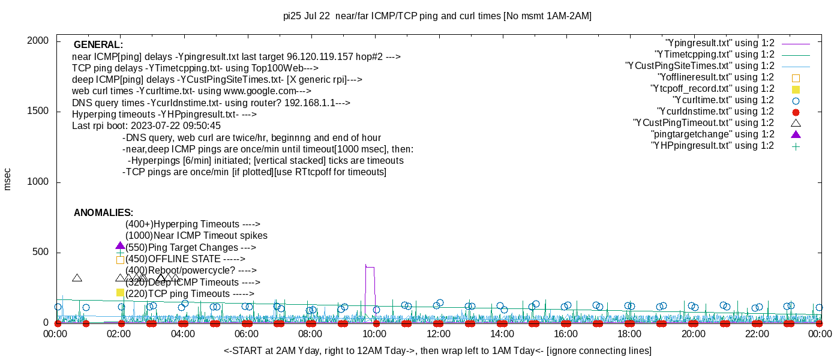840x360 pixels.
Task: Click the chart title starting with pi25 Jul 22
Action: click(437, 16)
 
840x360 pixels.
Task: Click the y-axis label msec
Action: click(7, 179)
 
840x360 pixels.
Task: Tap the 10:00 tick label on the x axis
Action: click(374, 334)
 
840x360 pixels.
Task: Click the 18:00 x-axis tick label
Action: click(629, 334)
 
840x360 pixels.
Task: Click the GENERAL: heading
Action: click(98, 45)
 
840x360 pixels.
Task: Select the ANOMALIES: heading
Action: click(103, 213)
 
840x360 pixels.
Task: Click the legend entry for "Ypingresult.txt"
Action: click(720, 43)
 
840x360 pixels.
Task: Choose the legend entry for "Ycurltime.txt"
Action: click(724, 100)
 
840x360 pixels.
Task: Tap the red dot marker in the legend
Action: click(796, 112)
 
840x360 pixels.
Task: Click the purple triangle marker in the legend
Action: click(796, 134)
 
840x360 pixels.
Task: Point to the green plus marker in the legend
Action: click(796, 146)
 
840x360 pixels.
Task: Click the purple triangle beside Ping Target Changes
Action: click(120, 246)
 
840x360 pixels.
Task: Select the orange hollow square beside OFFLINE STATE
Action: click(120, 260)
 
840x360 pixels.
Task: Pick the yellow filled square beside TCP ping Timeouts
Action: click(120, 292)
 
